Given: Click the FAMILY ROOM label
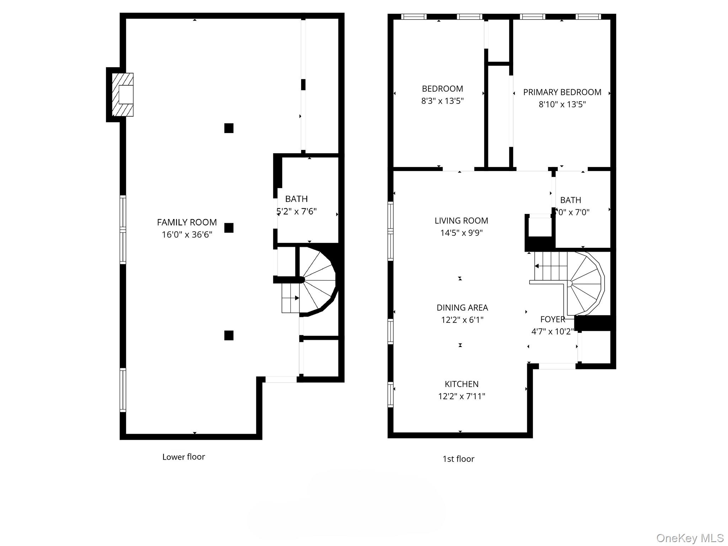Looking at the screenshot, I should click(x=187, y=222).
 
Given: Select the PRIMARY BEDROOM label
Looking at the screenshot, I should click(x=562, y=92).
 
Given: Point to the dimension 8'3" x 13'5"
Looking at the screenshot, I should click(x=442, y=101).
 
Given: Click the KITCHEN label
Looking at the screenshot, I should click(x=461, y=384).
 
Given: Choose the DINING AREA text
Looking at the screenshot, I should click(x=462, y=307).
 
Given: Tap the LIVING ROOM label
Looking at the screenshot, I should click(x=461, y=221).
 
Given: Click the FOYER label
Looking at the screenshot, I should click(x=552, y=319).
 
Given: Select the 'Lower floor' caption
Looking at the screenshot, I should click(x=183, y=457).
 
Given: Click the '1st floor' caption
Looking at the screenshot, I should click(x=458, y=459).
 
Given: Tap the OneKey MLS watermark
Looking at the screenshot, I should click(x=690, y=538).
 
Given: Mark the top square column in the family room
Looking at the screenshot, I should click(x=229, y=128).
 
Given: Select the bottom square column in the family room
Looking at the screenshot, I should click(x=229, y=335).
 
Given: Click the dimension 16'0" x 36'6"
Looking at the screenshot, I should click(x=187, y=235).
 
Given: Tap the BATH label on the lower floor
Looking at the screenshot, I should click(x=296, y=199).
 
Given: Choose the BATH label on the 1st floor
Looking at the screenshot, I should click(x=570, y=200).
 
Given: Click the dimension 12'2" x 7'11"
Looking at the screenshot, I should click(x=461, y=396).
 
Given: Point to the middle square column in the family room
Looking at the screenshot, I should click(x=229, y=228).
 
